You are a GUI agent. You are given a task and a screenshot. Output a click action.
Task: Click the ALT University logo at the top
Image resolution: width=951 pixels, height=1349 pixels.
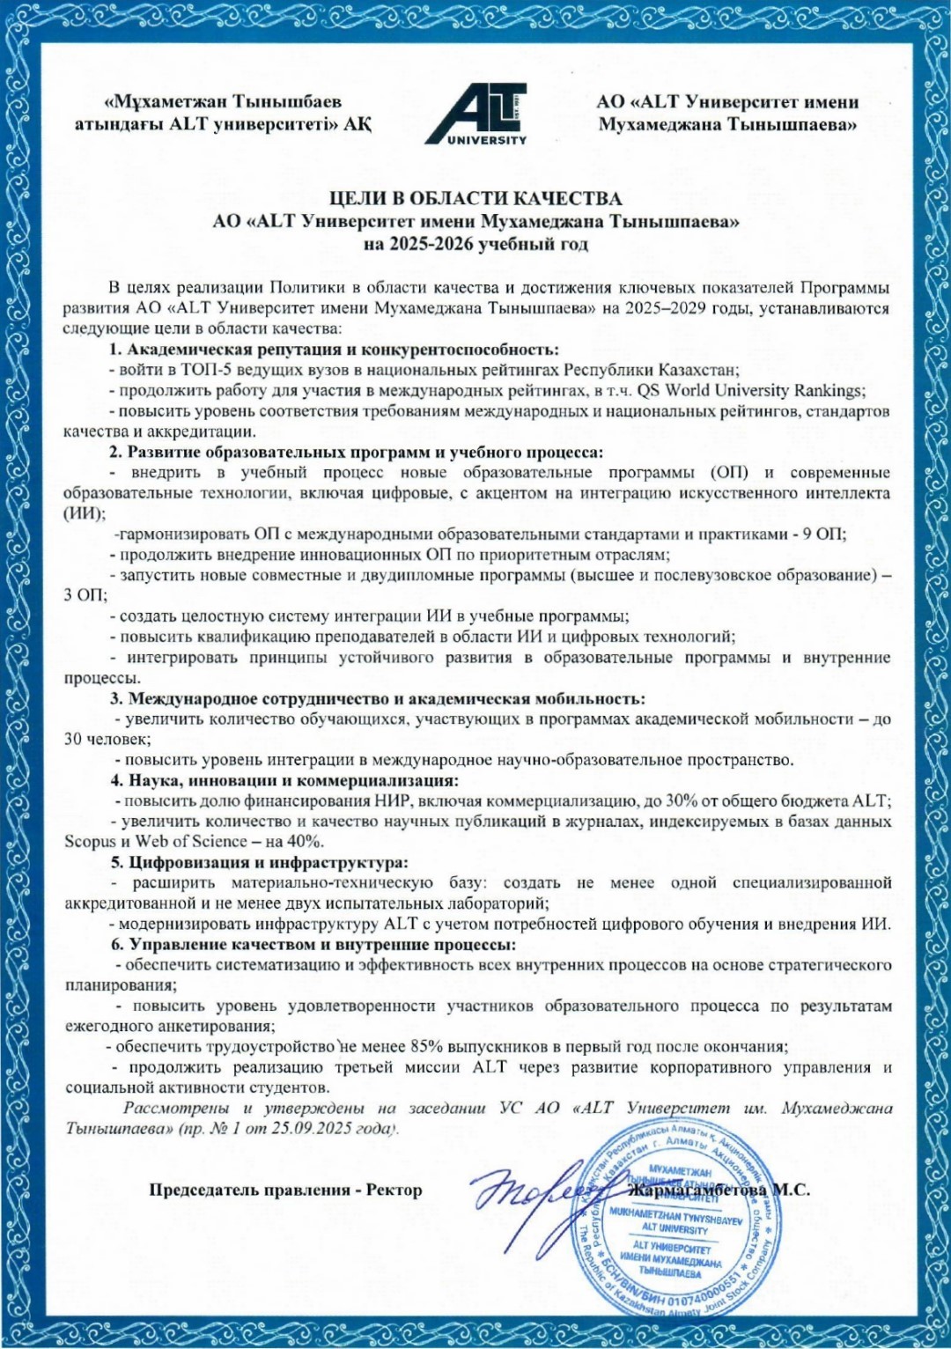tap(476, 114)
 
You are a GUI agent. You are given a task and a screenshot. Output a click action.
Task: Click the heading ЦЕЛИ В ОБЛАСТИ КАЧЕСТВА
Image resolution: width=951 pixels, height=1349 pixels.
tap(475, 199)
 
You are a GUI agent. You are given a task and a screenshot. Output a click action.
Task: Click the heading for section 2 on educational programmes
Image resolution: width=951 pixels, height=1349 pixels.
tap(357, 452)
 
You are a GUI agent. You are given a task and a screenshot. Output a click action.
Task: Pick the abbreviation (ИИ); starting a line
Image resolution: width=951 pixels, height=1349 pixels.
tap(85, 513)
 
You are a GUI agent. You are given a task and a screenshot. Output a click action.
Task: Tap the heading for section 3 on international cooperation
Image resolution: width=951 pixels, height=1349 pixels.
tap(378, 698)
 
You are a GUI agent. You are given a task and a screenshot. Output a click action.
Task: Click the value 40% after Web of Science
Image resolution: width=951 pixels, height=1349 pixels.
tap(305, 842)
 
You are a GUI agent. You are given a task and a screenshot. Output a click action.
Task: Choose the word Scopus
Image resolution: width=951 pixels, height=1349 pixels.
tap(90, 842)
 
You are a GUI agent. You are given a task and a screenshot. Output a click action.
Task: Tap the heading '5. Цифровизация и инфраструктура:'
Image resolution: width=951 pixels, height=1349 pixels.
tap(260, 862)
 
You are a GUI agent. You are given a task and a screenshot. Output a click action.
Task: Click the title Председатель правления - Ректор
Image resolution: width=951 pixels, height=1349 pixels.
tap(285, 1191)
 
